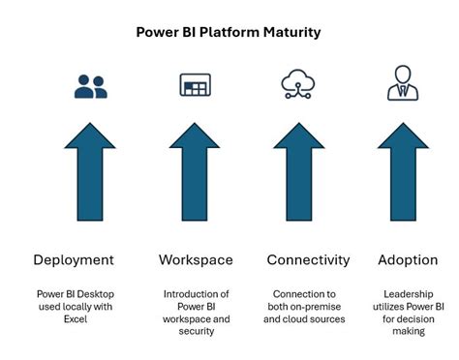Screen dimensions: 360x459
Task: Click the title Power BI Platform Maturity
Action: pos(229,32)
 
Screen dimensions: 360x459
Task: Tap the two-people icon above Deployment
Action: pos(92,85)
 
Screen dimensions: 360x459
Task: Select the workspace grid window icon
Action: pos(195,85)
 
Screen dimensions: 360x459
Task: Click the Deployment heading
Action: pos(74,260)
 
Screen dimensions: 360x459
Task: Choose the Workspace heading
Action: pos(196,260)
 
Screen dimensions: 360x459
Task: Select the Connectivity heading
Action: pos(308,260)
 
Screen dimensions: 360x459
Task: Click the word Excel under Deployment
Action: pos(74,318)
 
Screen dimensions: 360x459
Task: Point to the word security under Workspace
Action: pos(195,331)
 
